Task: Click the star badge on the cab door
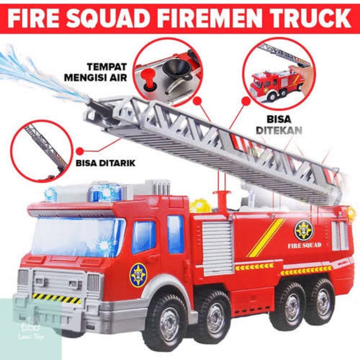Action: point(138,275)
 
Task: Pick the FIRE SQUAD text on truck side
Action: point(304,245)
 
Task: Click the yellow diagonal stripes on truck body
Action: point(265,238)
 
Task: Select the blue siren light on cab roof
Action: point(105,193)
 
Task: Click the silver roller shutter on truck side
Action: point(218,248)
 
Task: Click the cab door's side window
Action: point(144,237)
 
